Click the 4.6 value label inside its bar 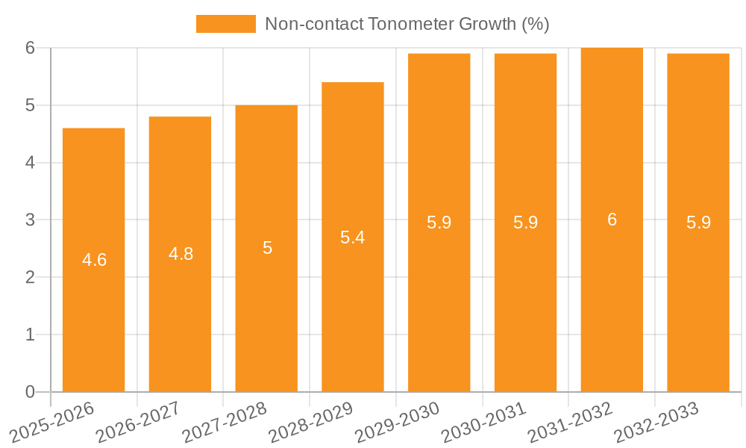pyautogui.click(x=95, y=260)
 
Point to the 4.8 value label pyautogui.click(x=181, y=254)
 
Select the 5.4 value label pyautogui.click(x=353, y=237)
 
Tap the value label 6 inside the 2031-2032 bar pyautogui.click(x=612, y=220)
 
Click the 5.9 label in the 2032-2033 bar pyautogui.click(x=698, y=223)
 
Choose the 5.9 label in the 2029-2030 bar pyautogui.click(x=439, y=223)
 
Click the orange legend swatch pyautogui.click(x=225, y=24)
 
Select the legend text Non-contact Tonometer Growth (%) pyautogui.click(x=407, y=24)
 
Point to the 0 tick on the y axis pyautogui.click(x=30, y=392)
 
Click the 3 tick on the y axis pyautogui.click(x=30, y=220)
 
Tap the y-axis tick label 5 pyautogui.click(x=30, y=105)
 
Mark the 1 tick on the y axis pyautogui.click(x=30, y=335)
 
